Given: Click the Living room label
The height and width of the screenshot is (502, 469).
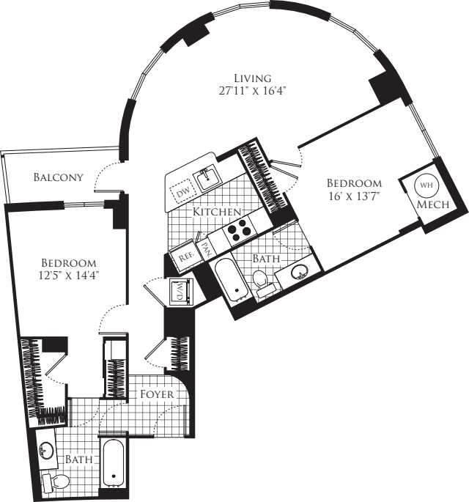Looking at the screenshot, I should click(253, 78).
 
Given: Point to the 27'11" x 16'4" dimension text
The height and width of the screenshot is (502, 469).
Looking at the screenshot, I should click(253, 92).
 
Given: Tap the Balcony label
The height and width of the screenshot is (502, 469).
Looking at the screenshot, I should click(58, 177).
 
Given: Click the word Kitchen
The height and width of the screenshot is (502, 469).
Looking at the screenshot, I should click(217, 212).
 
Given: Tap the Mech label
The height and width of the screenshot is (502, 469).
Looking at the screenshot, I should click(428, 206).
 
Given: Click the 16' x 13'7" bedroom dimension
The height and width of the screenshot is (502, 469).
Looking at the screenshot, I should click(354, 196).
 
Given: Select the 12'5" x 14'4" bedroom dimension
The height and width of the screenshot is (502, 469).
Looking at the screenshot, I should click(68, 276).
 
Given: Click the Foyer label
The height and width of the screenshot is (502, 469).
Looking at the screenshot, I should click(158, 394).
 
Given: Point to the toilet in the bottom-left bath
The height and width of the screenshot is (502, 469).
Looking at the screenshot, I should click(58, 482).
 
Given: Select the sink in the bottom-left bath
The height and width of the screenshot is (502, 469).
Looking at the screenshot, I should click(45, 448).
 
